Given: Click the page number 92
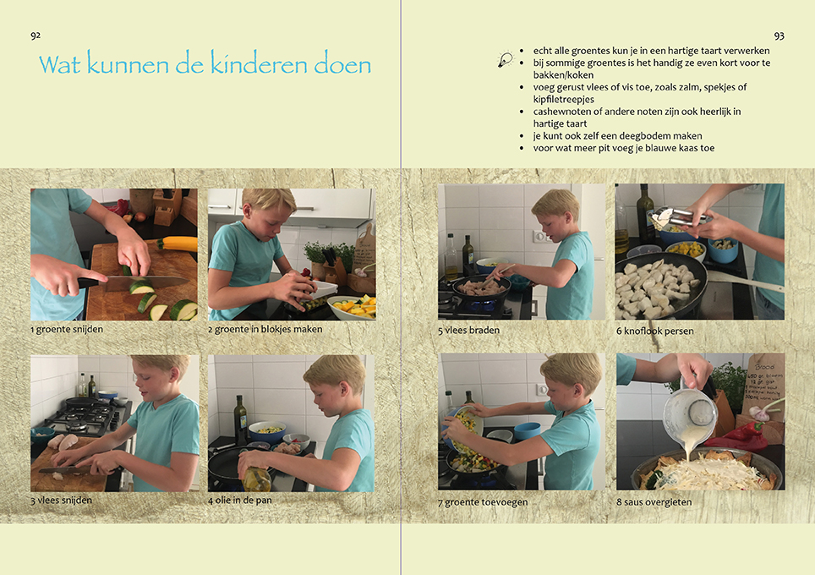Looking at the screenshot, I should click(x=36, y=36).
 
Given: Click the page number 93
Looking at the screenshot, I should click(x=779, y=36).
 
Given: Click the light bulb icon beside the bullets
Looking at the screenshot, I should click(x=505, y=59).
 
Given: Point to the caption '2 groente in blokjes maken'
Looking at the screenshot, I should click(x=265, y=329).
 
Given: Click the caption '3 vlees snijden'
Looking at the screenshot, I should click(x=62, y=500).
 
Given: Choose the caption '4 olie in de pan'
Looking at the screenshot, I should click(x=240, y=500).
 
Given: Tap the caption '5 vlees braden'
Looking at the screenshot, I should click(x=468, y=331).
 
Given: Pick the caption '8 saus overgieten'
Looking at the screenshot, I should click(x=654, y=502).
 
